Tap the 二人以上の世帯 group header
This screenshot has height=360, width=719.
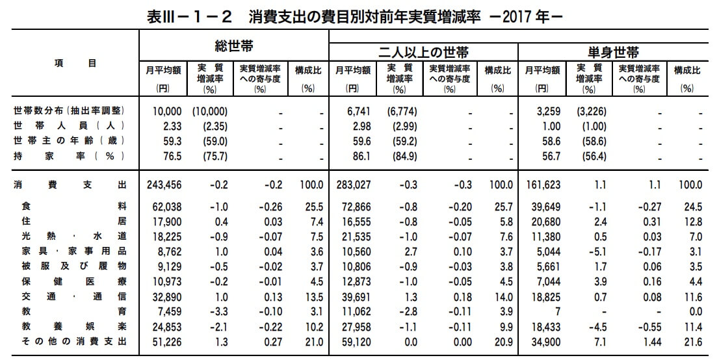tap(423, 51)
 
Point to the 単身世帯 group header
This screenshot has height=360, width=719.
tap(614, 51)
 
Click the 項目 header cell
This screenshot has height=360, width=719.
tap(74, 64)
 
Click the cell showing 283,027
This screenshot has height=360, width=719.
tap(352, 185)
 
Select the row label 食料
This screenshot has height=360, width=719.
tap(70, 207)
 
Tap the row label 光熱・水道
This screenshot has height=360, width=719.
tap(70, 236)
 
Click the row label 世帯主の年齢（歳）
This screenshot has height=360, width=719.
tap(70, 140)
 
